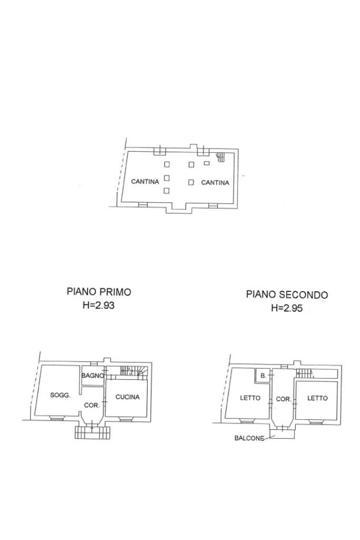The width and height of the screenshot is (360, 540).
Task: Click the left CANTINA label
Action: [x=145, y=181]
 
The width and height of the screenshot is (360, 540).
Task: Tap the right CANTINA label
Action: [x=215, y=182]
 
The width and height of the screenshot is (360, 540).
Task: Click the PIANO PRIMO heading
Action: [x=99, y=292]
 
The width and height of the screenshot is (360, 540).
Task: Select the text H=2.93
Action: [x=99, y=305]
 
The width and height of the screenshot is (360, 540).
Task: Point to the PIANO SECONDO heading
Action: [x=287, y=295]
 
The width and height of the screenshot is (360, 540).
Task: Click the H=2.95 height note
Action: [x=287, y=308]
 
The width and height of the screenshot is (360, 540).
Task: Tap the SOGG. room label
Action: [x=60, y=395]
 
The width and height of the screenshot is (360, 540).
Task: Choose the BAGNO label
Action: [x=93, y=376]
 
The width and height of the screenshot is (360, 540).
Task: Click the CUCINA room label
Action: [x=128, y=397]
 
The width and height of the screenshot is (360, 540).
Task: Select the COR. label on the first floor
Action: [x=92, y=406]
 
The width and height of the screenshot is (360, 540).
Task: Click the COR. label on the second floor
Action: [x=284, y=399]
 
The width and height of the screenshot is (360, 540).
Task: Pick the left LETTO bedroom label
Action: [x=250, y=398]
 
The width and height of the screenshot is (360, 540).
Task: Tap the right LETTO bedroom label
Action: [x=317, y=398]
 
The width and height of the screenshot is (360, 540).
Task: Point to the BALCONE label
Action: [x=249, y=438]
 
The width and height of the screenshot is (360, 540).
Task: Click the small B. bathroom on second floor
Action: [x=263, y=376]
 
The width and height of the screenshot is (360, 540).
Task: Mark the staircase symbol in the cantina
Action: [x=220, y=157]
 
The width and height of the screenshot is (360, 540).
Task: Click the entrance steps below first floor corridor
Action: [x=92, y=432]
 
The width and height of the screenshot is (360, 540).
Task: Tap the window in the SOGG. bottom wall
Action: [x=56, y=418]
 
